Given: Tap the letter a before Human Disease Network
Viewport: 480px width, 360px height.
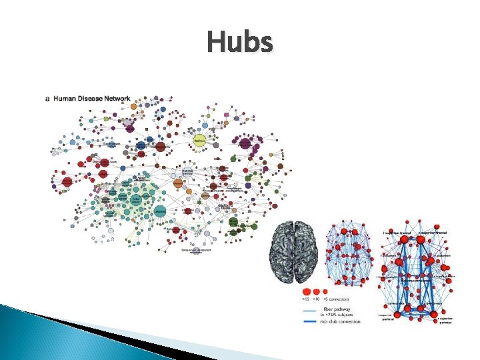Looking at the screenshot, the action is coord(47,99).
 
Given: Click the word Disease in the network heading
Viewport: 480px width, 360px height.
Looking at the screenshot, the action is coord(91,99).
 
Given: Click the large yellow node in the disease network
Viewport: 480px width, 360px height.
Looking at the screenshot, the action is coord(199,141).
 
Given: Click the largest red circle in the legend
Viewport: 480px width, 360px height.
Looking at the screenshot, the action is coord(307,292).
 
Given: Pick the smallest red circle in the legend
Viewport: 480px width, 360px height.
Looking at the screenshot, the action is coord(326,292).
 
